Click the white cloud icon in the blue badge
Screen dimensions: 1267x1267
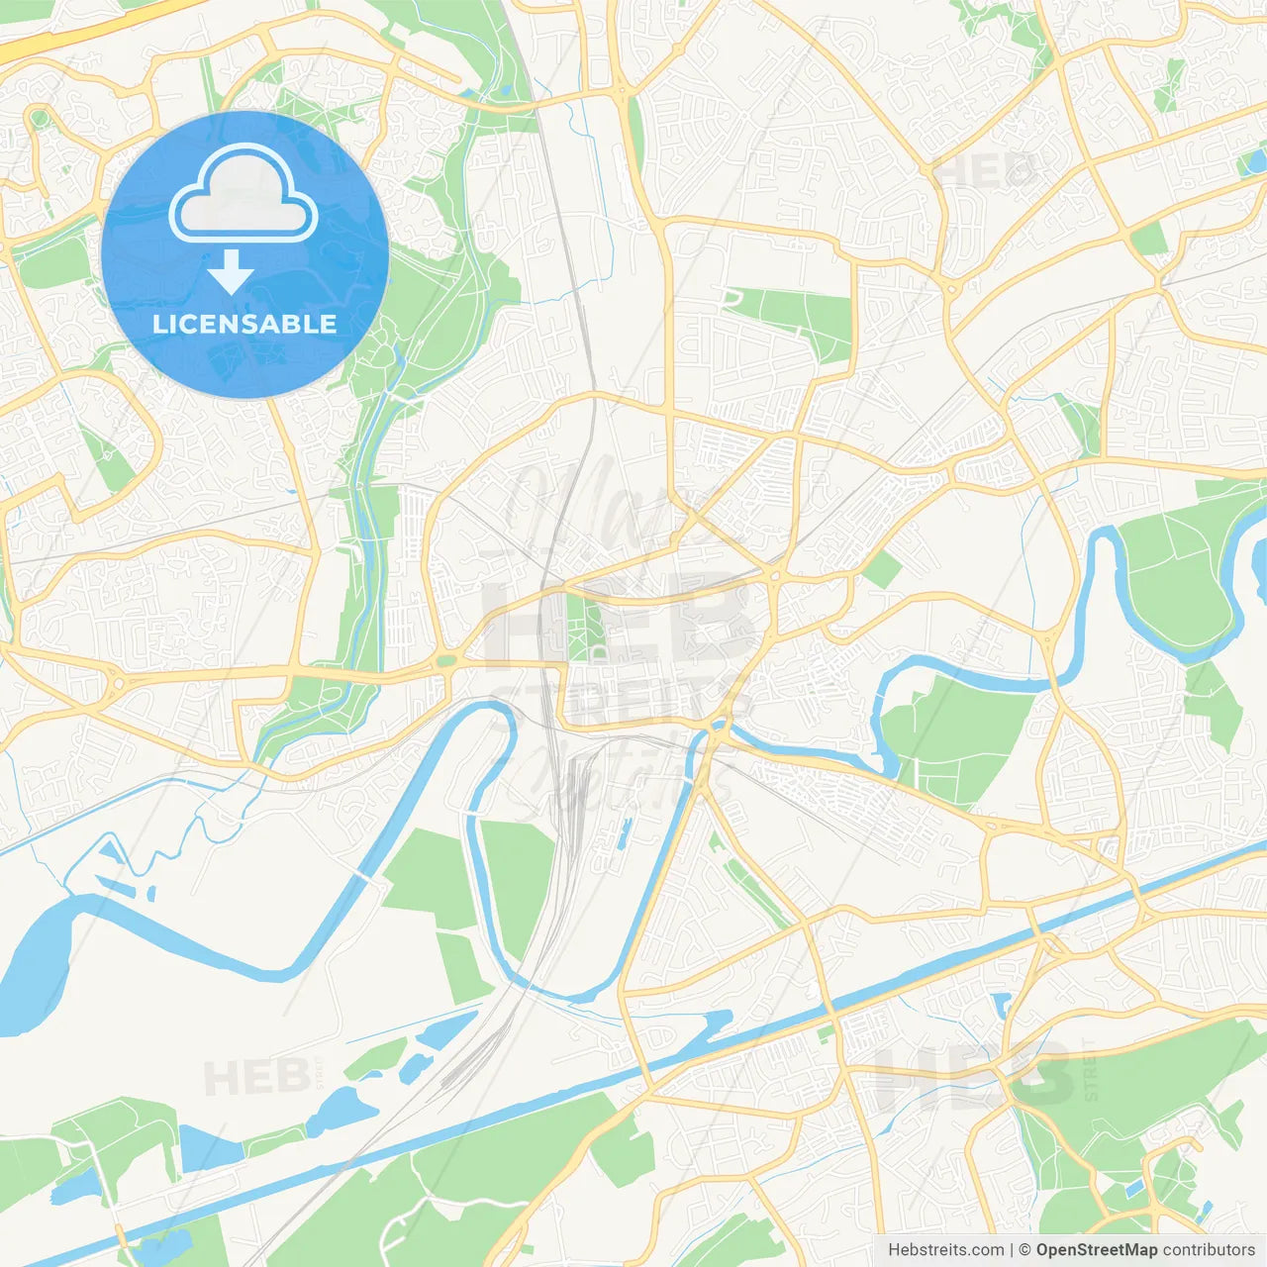click(244, 194)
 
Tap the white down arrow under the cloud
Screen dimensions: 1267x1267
click(231, 271)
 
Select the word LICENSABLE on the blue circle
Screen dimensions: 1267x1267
click(244, 324)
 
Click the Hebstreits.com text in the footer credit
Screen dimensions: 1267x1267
click(945, 1250)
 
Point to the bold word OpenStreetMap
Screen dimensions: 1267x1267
click(1096, 1250)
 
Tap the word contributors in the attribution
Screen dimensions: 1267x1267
click(1208, 1250)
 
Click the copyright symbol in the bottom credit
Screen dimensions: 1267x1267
click(1024, 1250)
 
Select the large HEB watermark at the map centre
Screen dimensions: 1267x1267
click(619, 624)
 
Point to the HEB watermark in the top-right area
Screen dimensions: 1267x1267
click(985, 171)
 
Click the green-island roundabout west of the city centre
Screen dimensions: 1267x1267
click(445, 660)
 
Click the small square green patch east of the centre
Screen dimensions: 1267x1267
click(880, 569)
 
